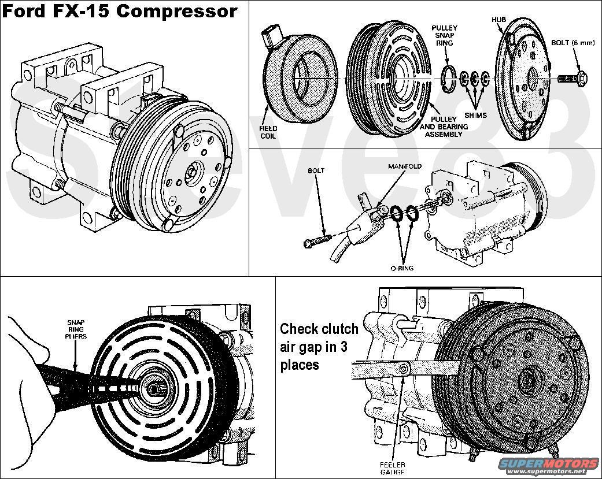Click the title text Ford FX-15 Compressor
pos(120,12)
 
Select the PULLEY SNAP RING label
pos(444,35)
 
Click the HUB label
pos(498,19)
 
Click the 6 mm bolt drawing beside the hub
pos(572,77)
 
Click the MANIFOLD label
pos(405,166)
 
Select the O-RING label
pos(401,268)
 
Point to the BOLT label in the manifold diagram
pos(316,171)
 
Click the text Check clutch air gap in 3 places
pos(319,347)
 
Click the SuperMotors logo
pos(548,465)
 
